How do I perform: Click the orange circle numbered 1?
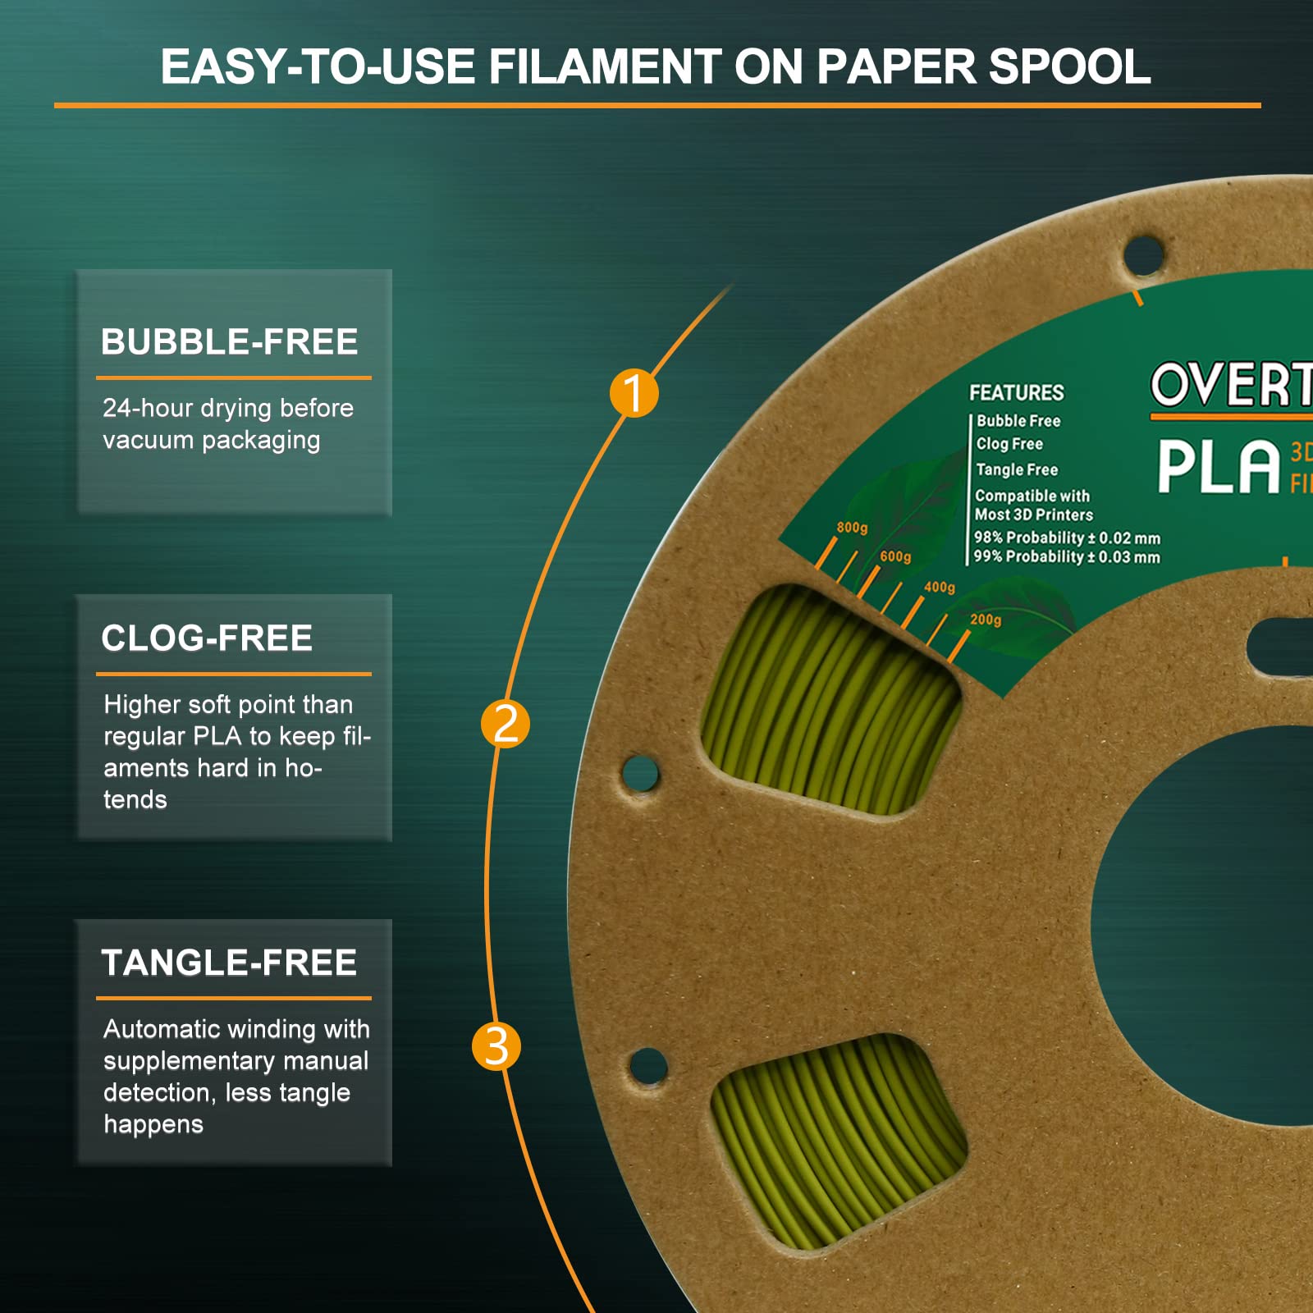pos(634,393)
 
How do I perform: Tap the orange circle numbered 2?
pos(506,724)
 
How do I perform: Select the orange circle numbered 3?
pos(496,1046)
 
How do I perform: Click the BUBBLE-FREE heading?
pos(229,341)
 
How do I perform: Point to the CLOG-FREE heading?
pos(207,638)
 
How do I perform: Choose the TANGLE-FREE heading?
pos(229,963)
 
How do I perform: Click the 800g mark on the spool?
pos(852,528)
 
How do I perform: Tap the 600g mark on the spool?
pos(895,556)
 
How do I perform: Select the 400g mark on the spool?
pos(940,587)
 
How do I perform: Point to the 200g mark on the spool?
pos(986,620)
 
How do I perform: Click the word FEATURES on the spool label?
pos(1016,392)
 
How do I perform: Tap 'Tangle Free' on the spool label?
pos(1017,469)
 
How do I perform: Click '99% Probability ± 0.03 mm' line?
pos(1067,556)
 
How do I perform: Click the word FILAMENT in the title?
pos(605,66)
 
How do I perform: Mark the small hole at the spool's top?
pos(1143,255)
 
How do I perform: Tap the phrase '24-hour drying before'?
pos(228,408)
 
